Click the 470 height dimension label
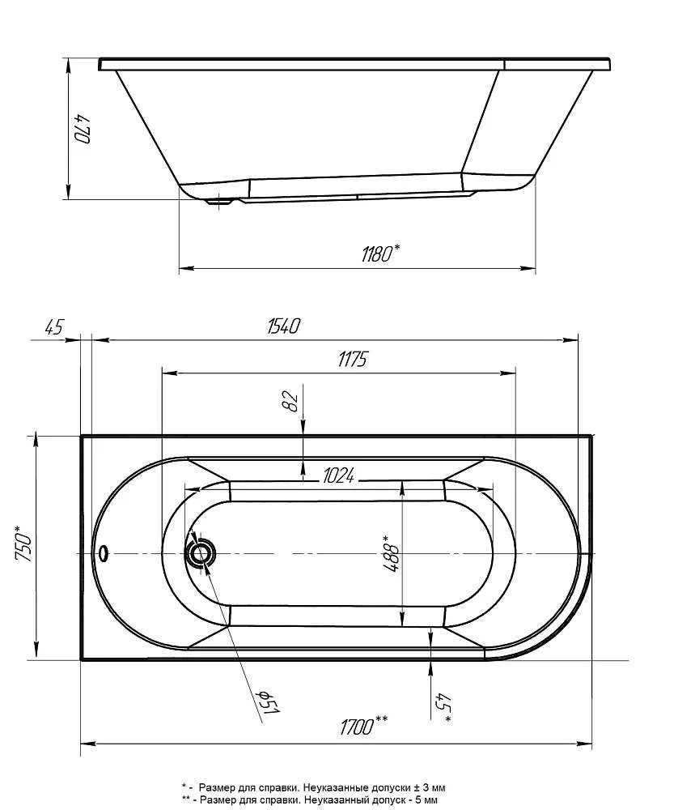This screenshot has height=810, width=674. tap(83, 128)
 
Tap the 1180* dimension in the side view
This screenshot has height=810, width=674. tap(381, 253)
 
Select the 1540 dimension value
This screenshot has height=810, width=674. tap(283, 326)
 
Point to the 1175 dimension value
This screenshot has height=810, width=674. tap(352, 359)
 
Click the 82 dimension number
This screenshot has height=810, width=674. tap(291, 402)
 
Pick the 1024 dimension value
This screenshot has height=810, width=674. tap(338, 475)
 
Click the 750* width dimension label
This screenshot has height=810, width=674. tap(24, 543)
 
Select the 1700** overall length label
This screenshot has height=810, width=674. tap(364, 725)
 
